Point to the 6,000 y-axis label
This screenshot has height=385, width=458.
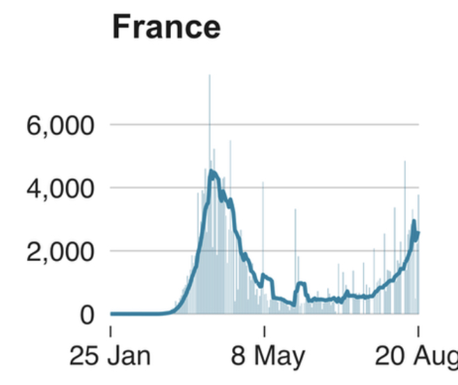click(x=60, y=126)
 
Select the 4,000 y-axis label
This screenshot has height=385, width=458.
click(x=60, y=189)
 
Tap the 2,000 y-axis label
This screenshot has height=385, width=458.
click(x=60, y=251)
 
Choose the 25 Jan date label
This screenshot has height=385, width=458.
click(x=110, y=356)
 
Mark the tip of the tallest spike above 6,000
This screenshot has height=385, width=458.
click(x=209, y=76)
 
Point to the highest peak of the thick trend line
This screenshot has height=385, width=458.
click(x=211, y=171)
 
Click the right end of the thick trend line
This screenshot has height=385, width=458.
click(x=418, y=233)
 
